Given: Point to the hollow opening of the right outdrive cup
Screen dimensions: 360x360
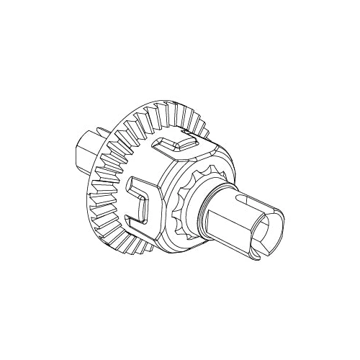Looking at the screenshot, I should point(271,232).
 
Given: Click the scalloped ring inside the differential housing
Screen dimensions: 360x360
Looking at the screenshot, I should point(189,206).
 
